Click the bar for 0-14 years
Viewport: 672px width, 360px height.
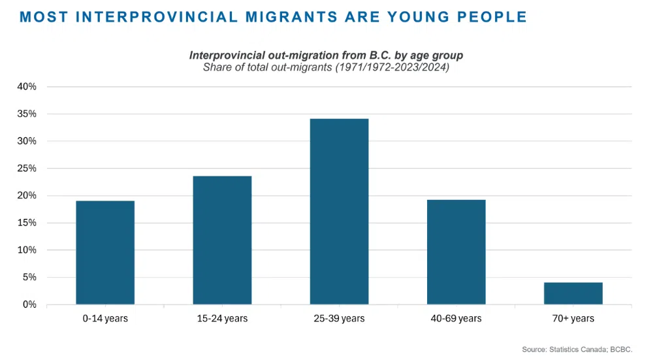coord(105,252)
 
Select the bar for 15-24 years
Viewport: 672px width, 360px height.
coord(222,240)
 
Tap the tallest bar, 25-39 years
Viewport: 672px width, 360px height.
coord(339,211)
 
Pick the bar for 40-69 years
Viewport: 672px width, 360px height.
coord(456,252)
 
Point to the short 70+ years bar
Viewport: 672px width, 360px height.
coord(573,293)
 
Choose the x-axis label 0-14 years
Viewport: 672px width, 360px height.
coord(105,319)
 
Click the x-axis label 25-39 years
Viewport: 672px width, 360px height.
coord(339,319)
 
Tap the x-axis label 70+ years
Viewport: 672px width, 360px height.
coord(573,319)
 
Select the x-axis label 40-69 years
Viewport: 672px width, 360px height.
coord(456,319)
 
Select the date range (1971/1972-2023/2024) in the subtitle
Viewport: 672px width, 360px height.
coord(392,67)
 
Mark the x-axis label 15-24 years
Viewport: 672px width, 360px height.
coord(222,319)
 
